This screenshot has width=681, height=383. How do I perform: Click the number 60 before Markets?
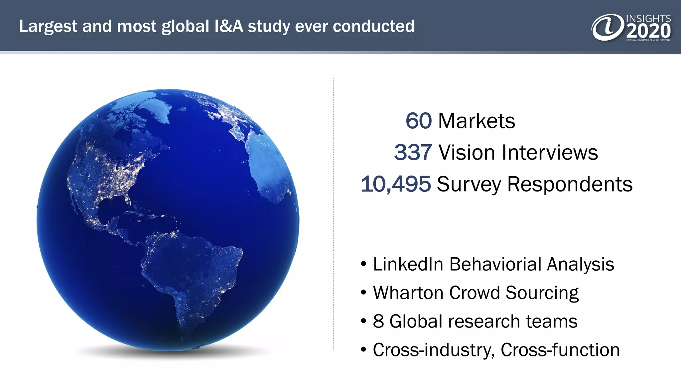click(x=418, y=121)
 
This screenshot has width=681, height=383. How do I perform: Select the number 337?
click(x=413, y=153)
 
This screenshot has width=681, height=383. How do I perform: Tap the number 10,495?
click(x=396, y=184)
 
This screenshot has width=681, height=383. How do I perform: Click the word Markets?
click(x=477, y=121)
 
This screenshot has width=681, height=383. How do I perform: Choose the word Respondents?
click(x=570, y=184)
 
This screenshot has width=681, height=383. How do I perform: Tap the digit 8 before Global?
click(x=378, y=321)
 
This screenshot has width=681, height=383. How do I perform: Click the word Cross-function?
click(x=560, y=350)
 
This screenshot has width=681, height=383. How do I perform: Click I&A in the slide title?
click(x=229, y=26)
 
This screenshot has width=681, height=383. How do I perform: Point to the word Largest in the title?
click(x=48, y=27)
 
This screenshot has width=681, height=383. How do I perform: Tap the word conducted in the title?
click(x=373, y=26)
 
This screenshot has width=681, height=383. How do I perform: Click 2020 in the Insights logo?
click(x=648, y=32)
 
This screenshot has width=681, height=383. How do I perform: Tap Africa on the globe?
click(x=269, y=166)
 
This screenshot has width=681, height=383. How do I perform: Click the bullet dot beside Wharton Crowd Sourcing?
click(x=363, y=293)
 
